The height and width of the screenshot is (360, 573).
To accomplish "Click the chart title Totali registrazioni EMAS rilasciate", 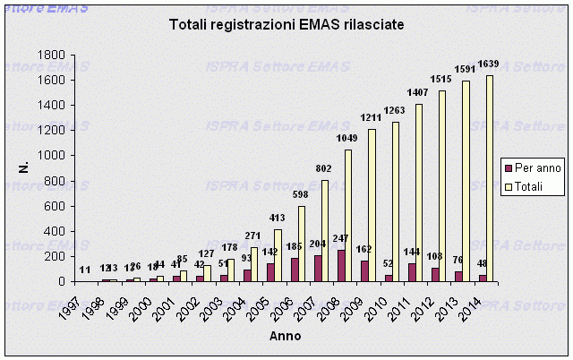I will point(286,27).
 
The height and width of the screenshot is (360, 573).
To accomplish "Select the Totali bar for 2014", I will point(490,178).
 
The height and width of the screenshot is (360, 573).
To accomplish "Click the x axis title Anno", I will point(286,336).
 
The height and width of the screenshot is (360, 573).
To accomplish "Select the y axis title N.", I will point(24,167).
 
